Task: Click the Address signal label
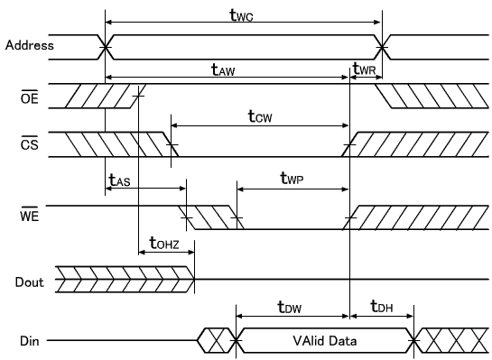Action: [29, 44]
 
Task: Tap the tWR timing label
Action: [364, 69]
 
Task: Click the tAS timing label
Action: [120, 180]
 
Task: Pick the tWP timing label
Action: [292, 180]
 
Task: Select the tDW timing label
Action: [291, 308]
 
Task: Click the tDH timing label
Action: [383, 308]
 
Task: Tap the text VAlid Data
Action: [324, 341]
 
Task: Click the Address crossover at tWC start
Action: [107, 44]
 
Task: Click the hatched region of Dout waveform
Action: [125, 281]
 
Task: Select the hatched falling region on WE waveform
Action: [209, 217]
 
